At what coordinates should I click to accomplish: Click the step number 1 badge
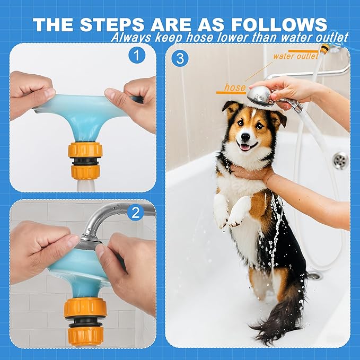(137, 55)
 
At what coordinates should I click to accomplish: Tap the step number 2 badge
(137, 213)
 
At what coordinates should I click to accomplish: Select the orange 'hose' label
(234, 87)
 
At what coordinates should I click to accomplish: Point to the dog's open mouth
(245, 147)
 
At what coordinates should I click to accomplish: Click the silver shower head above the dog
(260, 96)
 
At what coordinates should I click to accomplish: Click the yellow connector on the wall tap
(325, 49)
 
